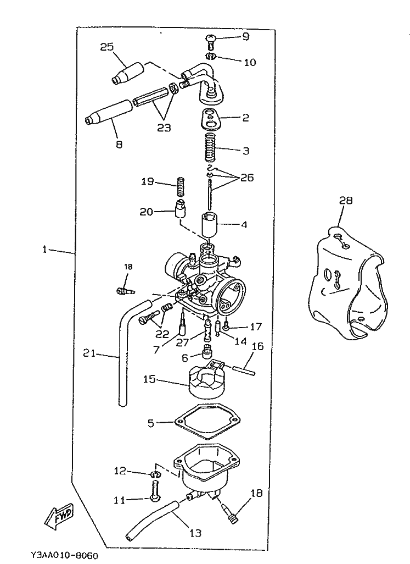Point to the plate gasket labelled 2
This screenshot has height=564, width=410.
tap(212, 118)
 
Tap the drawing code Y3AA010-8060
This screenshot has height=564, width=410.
tap(60, 556)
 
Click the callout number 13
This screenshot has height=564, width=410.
tap(195, 533)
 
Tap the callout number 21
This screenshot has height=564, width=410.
tap(90, 353)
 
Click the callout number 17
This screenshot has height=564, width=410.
tap(256, 327)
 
